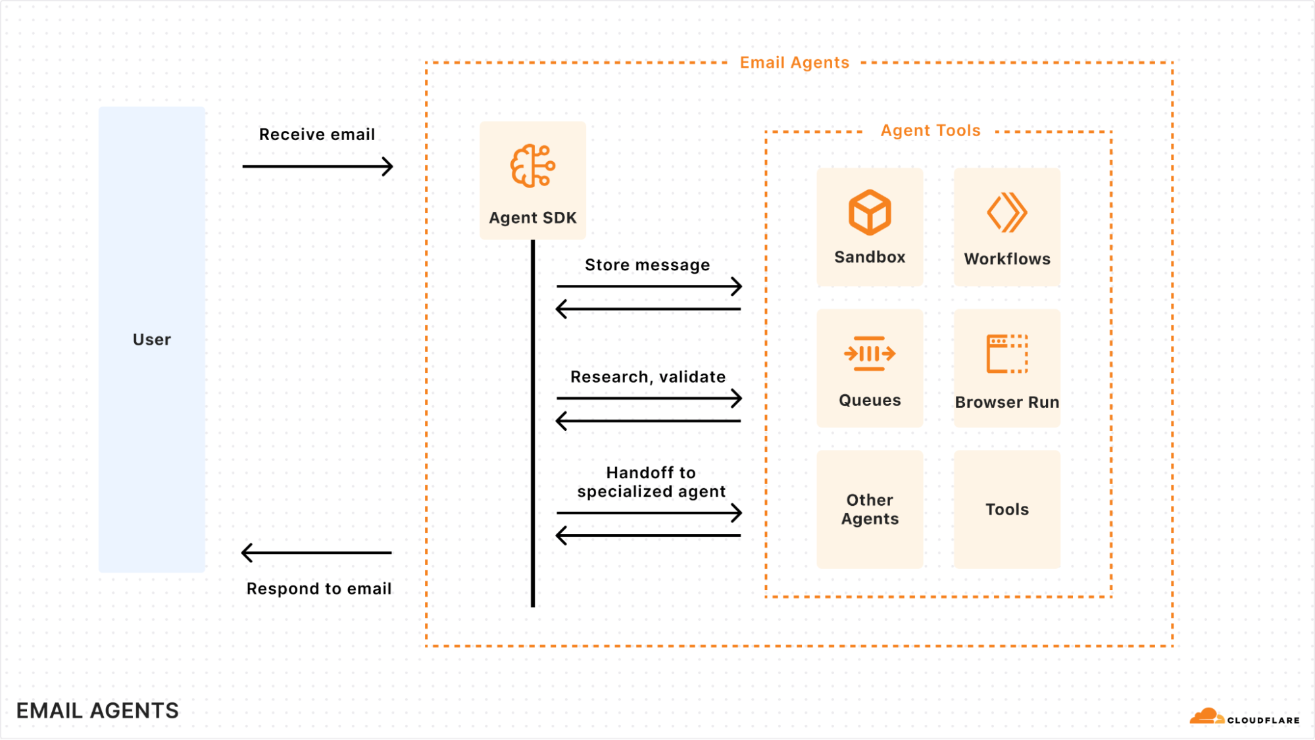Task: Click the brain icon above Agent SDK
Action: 532,166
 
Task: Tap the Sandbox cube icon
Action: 870,212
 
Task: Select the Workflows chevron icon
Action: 1006,212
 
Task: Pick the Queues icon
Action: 870,354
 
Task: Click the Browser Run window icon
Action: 1006,354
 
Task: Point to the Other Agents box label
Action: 870,509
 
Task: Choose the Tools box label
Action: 1006,509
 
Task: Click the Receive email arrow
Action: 318,166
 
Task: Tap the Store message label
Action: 647,265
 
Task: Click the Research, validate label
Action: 648,377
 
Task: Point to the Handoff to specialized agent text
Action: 651,482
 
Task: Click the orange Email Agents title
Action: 794,62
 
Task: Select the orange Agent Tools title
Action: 930,131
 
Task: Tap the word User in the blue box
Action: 152,339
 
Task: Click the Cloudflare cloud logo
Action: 1206,716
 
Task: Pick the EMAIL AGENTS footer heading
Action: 97,710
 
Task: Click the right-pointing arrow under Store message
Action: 649,286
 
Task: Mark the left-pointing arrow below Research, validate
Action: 649,421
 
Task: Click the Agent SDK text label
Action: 532,218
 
